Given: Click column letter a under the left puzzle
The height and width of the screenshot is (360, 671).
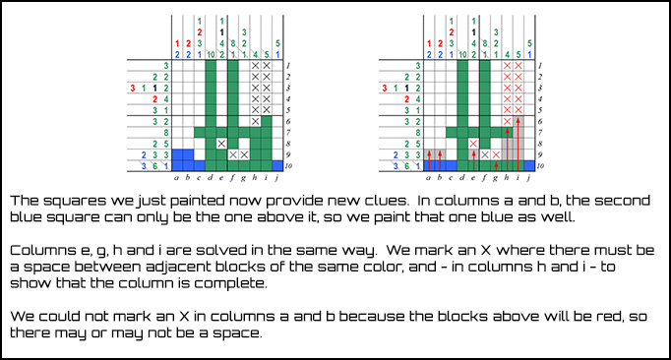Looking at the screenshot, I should click(x=177, y=178).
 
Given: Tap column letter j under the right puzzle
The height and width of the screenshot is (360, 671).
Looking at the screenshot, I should click(x=530, y=178).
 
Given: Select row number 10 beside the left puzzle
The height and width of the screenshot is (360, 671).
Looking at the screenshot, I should click(x=291, y=166).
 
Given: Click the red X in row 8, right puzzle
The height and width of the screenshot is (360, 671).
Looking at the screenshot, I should click(x=473, y=144).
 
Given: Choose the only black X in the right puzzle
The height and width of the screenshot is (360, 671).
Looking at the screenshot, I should click(x=484, y=154).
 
